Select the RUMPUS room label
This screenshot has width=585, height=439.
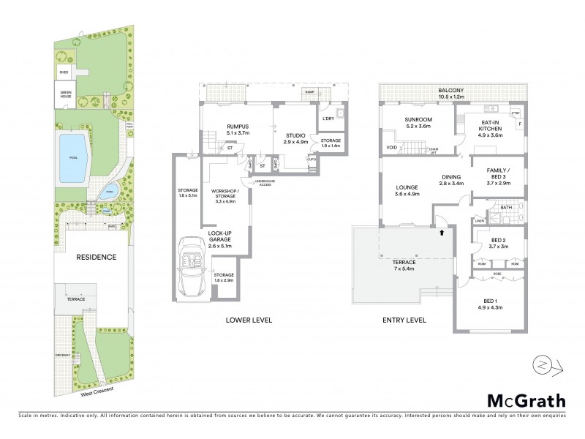click(239, 129)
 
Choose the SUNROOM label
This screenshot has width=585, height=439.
click(419, 121)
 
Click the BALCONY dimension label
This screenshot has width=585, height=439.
click(452, 92)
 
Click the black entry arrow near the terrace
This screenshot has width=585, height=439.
click(441, 233)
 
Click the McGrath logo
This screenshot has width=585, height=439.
click(526, 400)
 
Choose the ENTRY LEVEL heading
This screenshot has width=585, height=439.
click(404, 320)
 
